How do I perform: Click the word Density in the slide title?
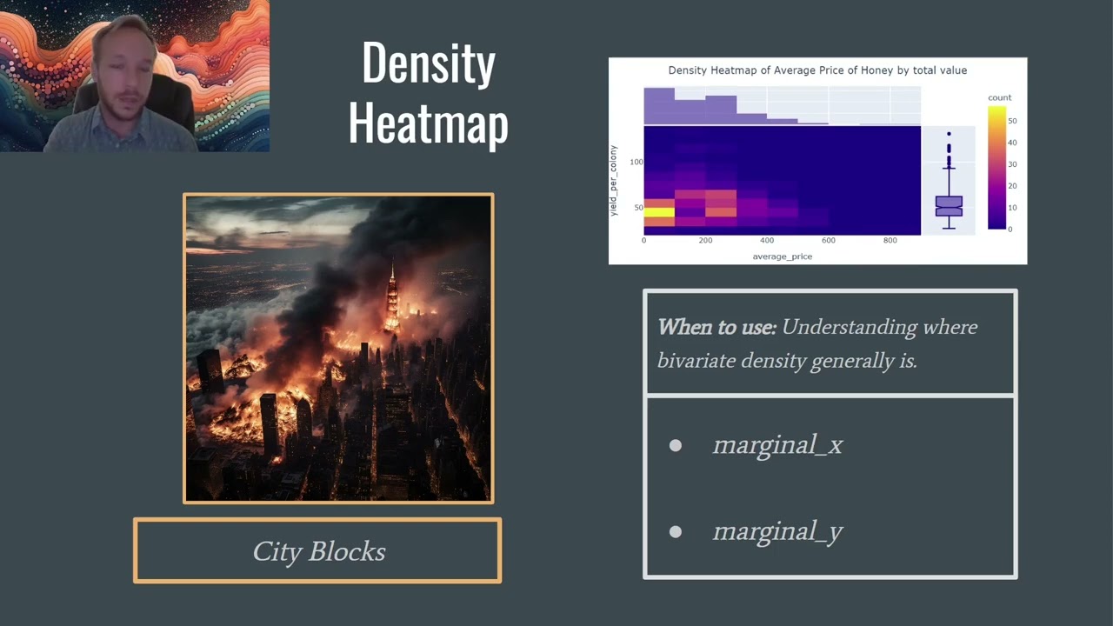tap(429, 63)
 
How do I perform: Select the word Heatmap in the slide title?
tap(429, 123)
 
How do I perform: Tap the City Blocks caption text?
tap(319, 551)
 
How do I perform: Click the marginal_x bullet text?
tap(777, 445)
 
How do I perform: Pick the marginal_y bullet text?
tap(777, 531)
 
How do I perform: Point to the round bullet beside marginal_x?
tap(676, 445)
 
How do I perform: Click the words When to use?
tap(716, 328)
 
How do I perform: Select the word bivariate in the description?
tap(696, 360)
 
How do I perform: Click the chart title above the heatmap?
tap(817, 70)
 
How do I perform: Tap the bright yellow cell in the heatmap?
tap(659, 212)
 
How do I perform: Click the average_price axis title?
tap(782, 256)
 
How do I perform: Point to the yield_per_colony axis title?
tap(613, 181)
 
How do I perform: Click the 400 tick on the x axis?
tap(767, 241)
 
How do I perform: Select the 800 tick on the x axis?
tap(890, 241)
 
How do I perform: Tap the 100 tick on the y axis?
tap(636, 163)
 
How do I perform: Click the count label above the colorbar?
tap(999, 97)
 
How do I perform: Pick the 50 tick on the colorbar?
tap(1012, 121)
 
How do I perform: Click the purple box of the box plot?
tap(949, 206)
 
